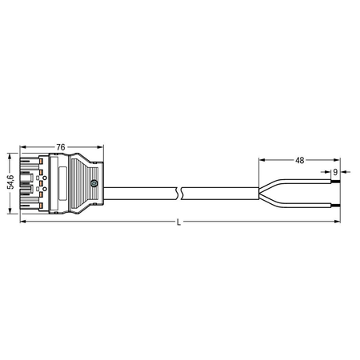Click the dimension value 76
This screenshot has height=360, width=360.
pos(61,147)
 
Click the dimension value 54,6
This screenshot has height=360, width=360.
pos(10,182)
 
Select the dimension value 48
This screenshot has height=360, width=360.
pos(300,160)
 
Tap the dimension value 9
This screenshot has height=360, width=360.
pos(335,172)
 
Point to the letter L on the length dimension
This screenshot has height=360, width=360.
pos(178,222)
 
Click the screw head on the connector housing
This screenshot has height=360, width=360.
pos(94,183)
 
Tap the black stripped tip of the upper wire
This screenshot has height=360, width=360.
pos(335,182)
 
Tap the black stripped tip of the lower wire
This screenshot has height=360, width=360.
pos(335,206)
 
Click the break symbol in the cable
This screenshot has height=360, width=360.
pos(179,194)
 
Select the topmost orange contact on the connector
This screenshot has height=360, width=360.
pos(42,161)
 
